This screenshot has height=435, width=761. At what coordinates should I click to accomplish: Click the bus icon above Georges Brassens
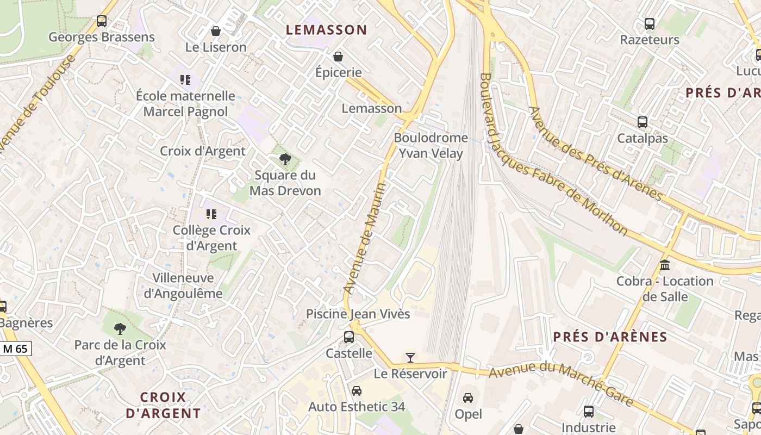102,21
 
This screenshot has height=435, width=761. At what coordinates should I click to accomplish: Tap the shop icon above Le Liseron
216,31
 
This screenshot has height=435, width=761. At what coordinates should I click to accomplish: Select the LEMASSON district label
327,30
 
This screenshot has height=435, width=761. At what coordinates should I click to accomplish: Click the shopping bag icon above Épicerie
338,56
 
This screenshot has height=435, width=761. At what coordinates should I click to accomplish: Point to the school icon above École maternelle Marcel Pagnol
185,80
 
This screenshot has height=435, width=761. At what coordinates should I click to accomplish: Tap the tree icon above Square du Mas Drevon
285,159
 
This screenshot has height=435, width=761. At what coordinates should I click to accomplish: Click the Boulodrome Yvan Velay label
431,146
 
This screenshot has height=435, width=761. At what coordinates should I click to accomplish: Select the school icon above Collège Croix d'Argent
211,214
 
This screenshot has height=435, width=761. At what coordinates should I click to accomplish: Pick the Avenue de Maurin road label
365,239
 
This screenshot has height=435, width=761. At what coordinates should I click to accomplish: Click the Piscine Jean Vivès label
358,314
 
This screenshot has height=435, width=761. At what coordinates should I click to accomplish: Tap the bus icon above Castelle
349,337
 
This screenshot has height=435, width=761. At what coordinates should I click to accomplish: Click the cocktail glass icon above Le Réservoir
410,357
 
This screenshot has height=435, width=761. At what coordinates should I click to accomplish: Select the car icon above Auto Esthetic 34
357,390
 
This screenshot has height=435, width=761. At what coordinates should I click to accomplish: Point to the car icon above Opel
468,397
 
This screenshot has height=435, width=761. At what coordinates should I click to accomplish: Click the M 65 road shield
16,349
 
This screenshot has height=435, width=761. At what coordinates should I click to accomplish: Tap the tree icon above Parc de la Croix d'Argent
120,328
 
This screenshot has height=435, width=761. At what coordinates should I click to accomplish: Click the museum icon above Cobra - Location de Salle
664,265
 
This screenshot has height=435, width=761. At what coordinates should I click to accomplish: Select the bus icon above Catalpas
643,122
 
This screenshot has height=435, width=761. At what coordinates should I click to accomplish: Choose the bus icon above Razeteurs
650,24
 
